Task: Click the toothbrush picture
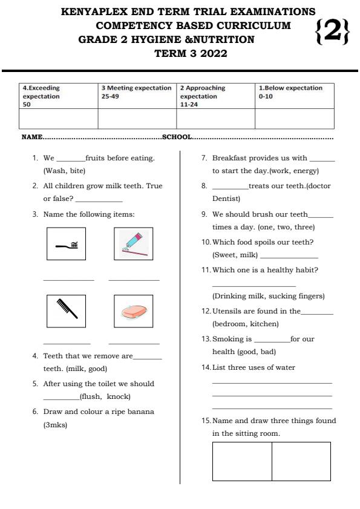click(66, 244)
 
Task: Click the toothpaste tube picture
click(133, 243)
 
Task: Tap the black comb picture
click(66, 310)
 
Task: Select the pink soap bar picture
click(133, 311)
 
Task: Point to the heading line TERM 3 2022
click(191, 53)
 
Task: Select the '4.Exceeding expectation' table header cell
click(58, 96)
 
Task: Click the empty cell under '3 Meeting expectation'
click(137, 119)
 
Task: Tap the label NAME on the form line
click(31, 137)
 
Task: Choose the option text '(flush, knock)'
click(105, 397)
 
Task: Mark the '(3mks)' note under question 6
click(55, 425)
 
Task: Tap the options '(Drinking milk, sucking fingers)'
click(268, 296)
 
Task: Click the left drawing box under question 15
click(241, 461)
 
